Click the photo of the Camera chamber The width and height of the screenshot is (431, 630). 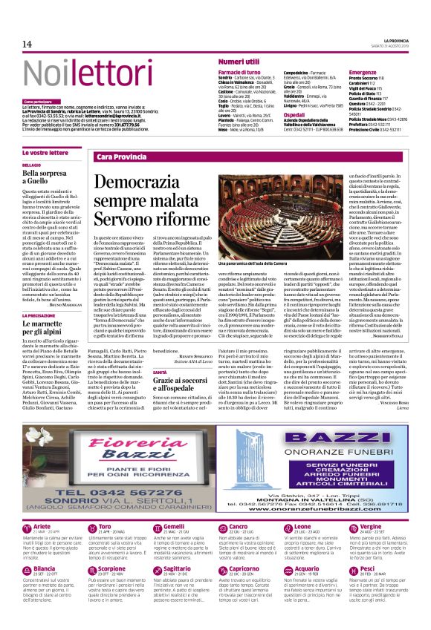292,214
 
